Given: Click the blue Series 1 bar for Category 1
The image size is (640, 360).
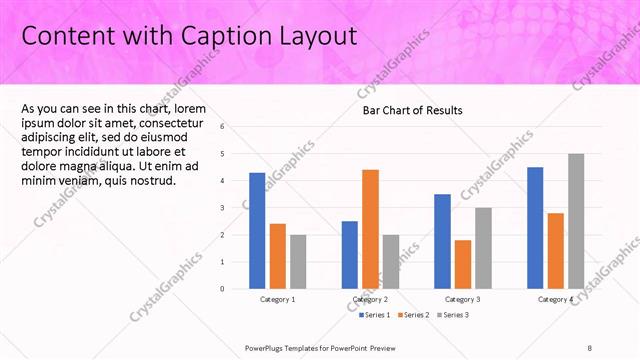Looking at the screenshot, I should tap(257, 230).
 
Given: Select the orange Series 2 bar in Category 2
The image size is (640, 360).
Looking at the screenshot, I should tap(370, 229).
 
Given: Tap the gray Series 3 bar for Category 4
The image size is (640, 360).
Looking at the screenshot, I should tap(575, 221).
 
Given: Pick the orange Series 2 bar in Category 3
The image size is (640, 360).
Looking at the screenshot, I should tap(462, 264).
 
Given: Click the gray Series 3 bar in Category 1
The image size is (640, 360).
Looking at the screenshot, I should tap(297, 261).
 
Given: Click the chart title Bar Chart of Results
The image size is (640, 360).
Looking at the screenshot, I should tap(412, 110).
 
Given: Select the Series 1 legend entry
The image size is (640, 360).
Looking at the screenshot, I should tap(375, 315).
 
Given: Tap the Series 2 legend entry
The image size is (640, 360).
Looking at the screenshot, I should tap(415, 315).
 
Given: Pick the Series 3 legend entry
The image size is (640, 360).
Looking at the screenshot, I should tap(454, 315).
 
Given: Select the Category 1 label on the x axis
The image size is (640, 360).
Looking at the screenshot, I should tap(277, 299).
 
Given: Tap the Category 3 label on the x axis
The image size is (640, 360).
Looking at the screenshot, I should tap(462, 299).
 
